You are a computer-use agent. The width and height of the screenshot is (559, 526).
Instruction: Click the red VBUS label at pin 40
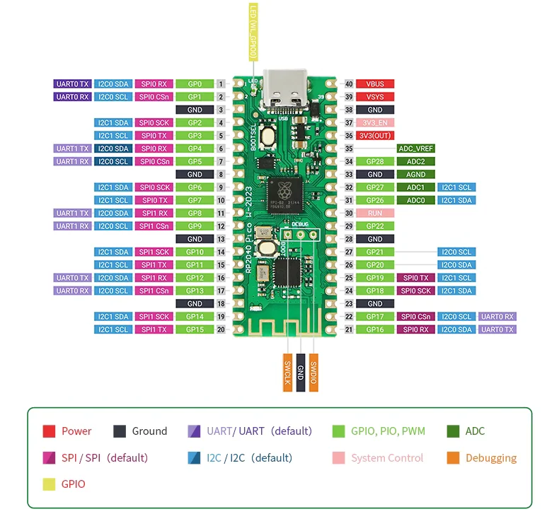click(375, 83)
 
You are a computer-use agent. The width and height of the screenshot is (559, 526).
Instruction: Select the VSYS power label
click(375, 97)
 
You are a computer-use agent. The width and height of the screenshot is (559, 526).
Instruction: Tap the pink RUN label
click(375, 213)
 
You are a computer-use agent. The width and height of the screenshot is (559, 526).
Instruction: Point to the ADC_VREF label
click(415, 148)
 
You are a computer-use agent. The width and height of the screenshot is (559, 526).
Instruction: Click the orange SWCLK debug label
click(288, 371)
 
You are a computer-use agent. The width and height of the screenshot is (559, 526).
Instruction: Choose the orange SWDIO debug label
click(313, 371)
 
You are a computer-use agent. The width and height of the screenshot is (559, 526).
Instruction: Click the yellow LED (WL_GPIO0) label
click(253, 32)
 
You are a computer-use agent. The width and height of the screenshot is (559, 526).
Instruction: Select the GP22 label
click(375, 226)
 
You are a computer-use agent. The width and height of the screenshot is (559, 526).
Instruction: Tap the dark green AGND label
click(415, 175)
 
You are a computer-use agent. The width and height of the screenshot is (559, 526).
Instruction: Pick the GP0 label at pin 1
click(195, 83)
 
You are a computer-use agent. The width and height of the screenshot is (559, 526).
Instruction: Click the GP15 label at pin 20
click(195, 329)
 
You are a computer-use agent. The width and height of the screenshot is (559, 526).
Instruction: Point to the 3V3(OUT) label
click(375, 136)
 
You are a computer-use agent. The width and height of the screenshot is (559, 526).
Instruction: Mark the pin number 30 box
click(348, 213)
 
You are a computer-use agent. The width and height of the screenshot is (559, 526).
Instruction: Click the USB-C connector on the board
click(282, 90)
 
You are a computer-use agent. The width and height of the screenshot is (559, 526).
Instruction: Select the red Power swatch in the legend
click(49, 431)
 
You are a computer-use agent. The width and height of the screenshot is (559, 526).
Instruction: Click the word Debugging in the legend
click(490, 458)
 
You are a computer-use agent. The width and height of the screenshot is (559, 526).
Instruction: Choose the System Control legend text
click(387, 458)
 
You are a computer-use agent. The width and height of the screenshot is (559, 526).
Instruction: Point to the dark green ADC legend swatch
click(453, 431)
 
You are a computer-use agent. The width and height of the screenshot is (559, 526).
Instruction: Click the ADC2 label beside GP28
click(415, 161)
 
